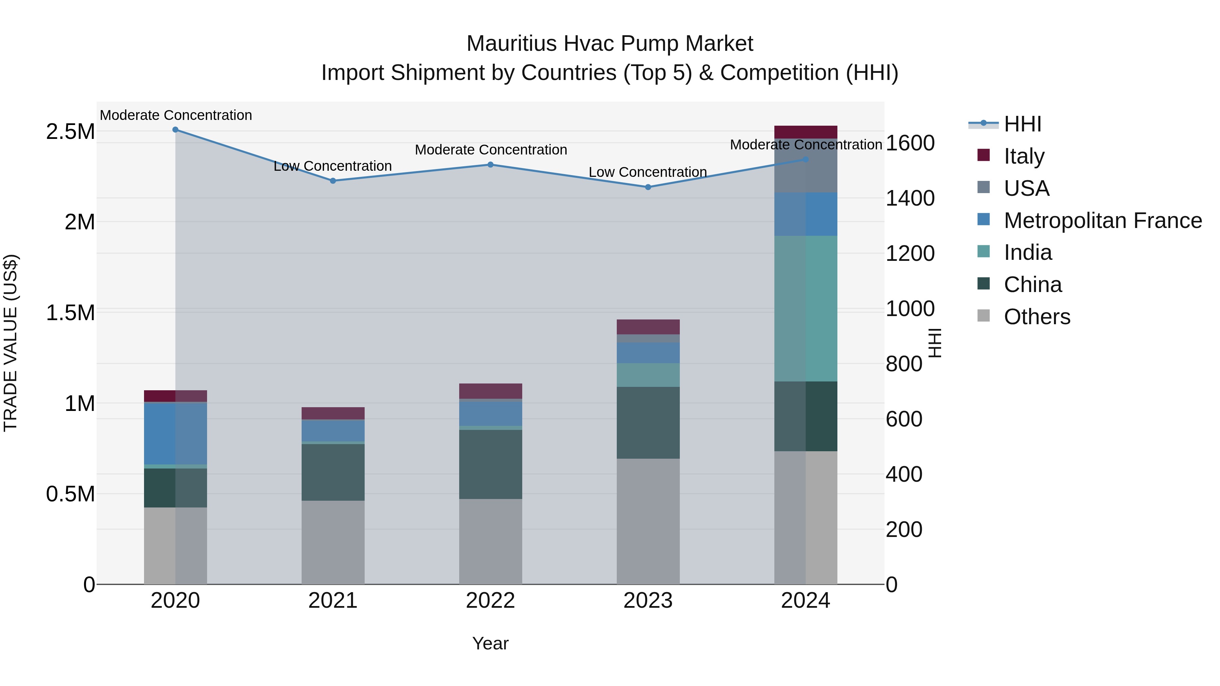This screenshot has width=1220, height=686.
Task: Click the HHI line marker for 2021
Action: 333,181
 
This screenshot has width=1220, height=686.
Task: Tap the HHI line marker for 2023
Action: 648,187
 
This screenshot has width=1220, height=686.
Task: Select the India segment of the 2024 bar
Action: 806,308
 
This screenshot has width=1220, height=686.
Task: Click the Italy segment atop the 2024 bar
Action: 806,132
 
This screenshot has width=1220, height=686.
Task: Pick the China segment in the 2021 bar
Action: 333,472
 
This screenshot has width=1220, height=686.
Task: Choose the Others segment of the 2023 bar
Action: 648,521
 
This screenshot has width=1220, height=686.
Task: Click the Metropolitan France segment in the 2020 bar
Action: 175,433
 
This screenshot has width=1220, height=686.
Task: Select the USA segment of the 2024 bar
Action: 806,166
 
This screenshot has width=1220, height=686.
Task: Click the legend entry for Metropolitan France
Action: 1102,221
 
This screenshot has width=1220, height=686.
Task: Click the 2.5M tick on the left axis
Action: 70,132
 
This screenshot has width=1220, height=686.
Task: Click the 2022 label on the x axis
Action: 490,601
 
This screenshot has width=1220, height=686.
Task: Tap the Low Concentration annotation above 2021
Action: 333,166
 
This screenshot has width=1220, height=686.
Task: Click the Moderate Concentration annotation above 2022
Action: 491,150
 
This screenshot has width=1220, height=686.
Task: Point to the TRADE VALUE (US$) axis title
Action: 11,343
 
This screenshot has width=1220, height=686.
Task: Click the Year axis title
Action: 490,643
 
